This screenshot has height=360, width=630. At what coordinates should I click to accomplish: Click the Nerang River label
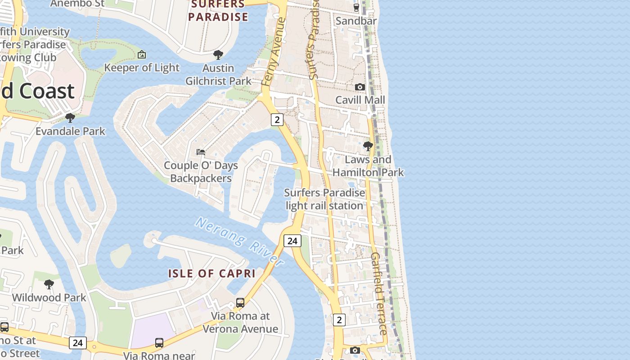pyautogui.click(x=240, y=242)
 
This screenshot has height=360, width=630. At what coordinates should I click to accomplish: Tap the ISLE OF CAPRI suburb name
pyautogui.click(x=212, y=274)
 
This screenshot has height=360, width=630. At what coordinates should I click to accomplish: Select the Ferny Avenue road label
pyautogui.click(x=274, y=52)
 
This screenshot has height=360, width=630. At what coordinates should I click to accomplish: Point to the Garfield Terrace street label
pyautogui.click(x=379, y=293)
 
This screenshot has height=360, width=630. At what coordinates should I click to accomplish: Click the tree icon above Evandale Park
pyautogui.click(x=70, y=118)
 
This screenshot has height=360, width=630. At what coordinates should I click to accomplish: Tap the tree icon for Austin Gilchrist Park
pyautogui.click(x=218, y=55)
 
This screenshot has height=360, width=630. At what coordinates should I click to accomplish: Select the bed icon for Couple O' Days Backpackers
pyautogui.click(x=201, y=152)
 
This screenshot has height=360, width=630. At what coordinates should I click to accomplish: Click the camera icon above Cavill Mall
pyautogui.click(x=360, y=87)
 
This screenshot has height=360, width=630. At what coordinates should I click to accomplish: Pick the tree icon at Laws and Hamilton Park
pyautogui.click(x=368, y=146)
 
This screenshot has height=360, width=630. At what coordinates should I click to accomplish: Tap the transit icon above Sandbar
pyautogui.click(x=356, y=7)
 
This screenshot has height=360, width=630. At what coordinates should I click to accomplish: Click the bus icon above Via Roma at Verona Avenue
pyautogui.click(x=240, y=303)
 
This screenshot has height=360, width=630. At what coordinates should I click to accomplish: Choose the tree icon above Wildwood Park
pyautogui.click(x=49, y=284)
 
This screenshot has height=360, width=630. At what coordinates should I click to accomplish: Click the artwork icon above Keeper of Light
pyautogui.click(x=142, y=54)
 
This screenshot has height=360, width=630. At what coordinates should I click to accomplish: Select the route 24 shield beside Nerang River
pyautogui.click(x=292, y=241)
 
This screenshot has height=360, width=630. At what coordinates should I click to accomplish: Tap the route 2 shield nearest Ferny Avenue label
pyautogui.click(x=277, y=120)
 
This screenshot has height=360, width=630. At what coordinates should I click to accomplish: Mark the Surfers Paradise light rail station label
pyautogui.click(x=324, y=199)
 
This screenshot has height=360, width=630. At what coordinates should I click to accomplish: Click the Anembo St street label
pyautogui.click(x=77, y=4)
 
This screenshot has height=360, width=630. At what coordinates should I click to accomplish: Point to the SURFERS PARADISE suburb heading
pyautogui.click(x=218, y=11)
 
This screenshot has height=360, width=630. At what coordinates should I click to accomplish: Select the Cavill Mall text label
pyautogui.click(x=360, y=100)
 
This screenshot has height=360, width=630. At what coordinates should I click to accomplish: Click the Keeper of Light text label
pyautogui.click(x=142, y=68)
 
